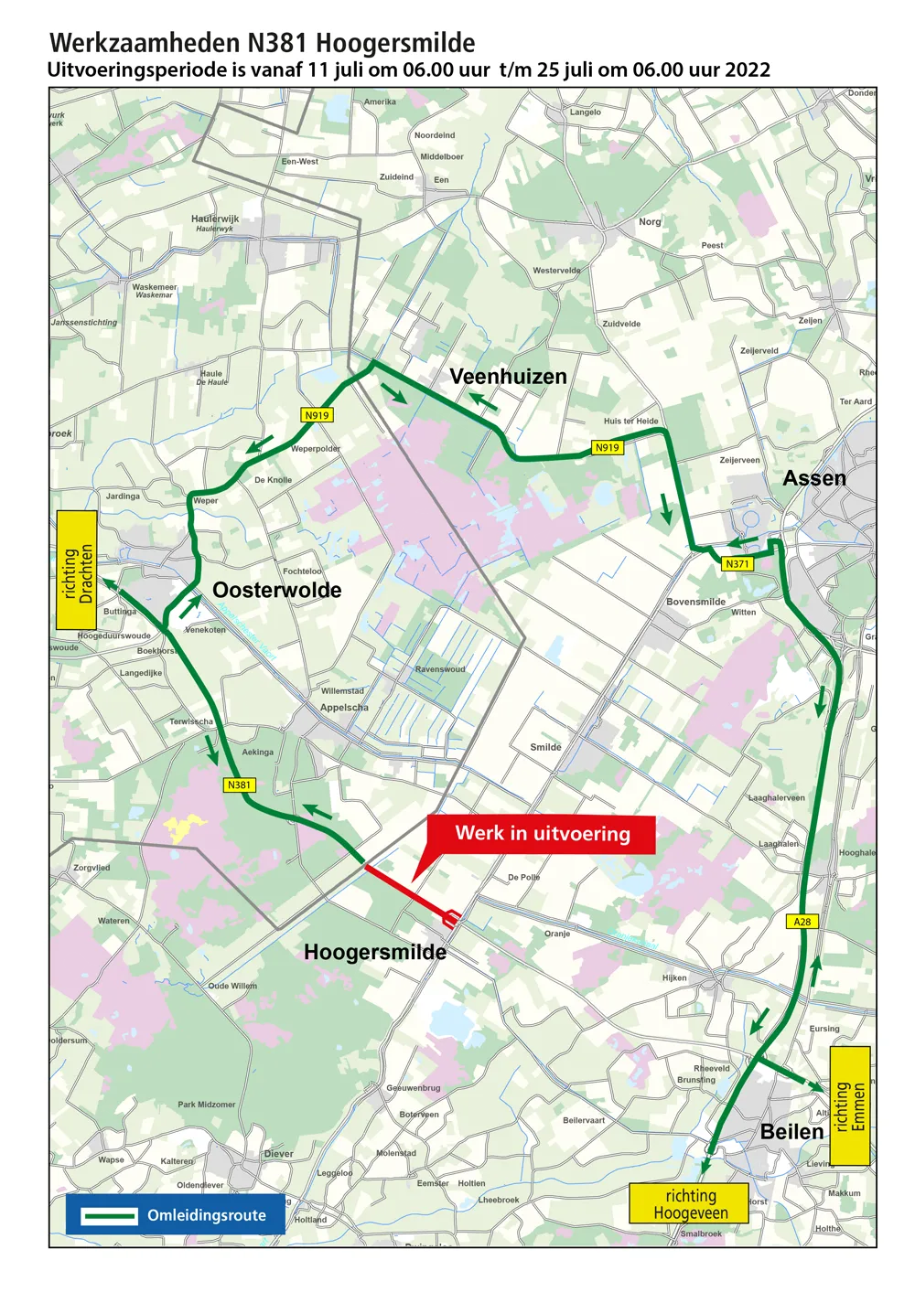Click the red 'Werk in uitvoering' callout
[542, 834]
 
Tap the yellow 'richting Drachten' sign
[77, 571]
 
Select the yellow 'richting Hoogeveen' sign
[689, 1204]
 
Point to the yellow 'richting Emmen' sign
[849, 1105]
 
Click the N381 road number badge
[239, 785]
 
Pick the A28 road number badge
[802, 922]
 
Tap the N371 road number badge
[737, 564]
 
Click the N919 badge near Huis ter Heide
[607, 447]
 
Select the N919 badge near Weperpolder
[317, 415]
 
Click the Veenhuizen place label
[508, 377]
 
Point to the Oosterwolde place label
[276, 591]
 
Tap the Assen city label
[814, 478]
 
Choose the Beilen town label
[791, 1132]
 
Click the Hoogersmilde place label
[375, 953]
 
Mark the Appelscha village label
[344, 708]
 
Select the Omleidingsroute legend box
[175, 1215]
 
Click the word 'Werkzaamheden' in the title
[146, 43]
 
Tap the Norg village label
[650, 222]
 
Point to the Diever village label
[278, 1154]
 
